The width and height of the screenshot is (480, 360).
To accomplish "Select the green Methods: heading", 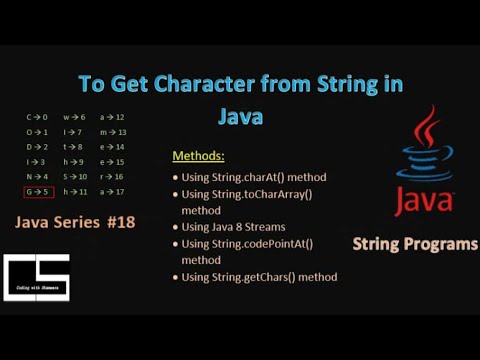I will (200, 157).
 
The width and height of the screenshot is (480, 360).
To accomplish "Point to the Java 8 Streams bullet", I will (234, 228).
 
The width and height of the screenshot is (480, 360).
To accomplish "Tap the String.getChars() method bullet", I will (260, 277).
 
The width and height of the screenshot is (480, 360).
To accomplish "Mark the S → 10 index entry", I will (76, 176).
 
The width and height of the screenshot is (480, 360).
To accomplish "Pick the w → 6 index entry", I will (74, 117).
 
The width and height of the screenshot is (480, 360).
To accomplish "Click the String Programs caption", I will (415, 244).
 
